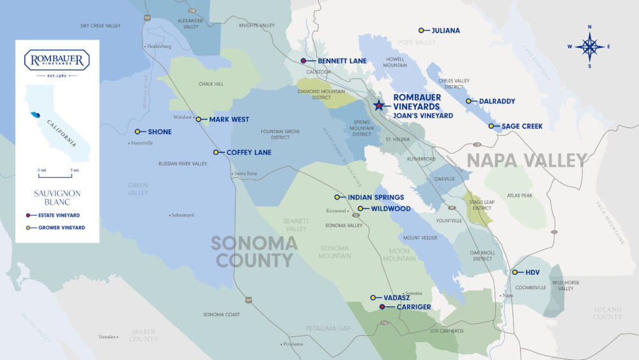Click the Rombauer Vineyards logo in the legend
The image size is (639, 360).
tap(57, 60)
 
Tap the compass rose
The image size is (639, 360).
tap(589, 46)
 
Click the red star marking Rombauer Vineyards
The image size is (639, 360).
tap(379, 106)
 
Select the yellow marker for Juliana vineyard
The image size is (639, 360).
tap(421, 31)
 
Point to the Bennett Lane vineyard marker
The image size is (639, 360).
tap(304, 61)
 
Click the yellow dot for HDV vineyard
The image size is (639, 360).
tap(515, 272)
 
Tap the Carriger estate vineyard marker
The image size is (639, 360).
tap(382, 307)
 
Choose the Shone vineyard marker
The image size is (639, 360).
tap(137, 132)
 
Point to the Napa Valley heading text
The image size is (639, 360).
tap(527, 160)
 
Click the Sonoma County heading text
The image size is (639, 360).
tap(254, 251)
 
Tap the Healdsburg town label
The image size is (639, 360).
tap(158, 46)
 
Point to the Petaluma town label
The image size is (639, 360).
tap(293, 343)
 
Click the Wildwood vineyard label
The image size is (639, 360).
tap(387, 208)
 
